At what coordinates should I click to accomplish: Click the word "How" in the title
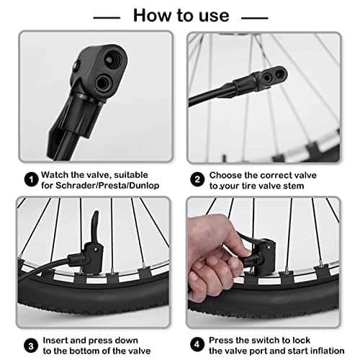tap(153, 15)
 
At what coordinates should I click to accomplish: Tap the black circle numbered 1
tap(30, 178)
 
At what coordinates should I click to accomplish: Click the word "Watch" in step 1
tap(55, 174)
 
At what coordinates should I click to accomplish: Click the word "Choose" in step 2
tap(226, 174)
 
